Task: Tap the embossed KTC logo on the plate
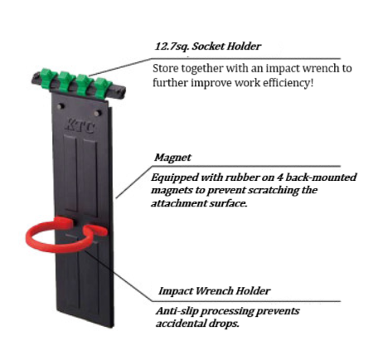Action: point(80,126)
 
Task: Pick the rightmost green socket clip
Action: point(103,87)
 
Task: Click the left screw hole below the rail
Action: point(61,106)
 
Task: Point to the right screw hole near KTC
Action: point(98,113)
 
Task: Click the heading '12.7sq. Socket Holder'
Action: point(207,46)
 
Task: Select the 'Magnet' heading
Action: point(172,158)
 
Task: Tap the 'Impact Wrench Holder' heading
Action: point(214,291)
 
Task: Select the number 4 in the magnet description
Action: point(280,178)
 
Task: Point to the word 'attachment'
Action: point(178,203)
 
